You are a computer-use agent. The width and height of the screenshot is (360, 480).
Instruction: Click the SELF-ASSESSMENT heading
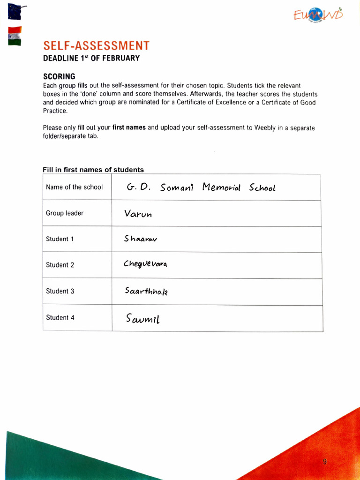tap(96, 45)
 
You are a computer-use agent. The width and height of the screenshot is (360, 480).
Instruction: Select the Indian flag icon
tap(15, 36)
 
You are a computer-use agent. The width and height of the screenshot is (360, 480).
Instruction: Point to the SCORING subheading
tap(59, 76)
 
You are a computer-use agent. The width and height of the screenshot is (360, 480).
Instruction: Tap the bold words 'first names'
tap(129, 127)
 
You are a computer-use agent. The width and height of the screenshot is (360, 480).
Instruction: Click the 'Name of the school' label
tap(74, 187)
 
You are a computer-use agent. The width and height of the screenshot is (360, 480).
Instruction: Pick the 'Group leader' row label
tap(65, 213)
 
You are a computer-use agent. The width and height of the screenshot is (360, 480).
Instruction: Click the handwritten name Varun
tap(138, 214)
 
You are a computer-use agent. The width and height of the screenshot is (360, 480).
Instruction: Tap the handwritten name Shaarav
tap(141, 239)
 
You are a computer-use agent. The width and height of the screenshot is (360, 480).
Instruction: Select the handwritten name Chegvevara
tap(145, 264)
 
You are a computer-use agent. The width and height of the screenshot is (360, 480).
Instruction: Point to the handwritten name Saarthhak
tap(146, 291)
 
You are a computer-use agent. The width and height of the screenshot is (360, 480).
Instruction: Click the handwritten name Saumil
tap(143, 319)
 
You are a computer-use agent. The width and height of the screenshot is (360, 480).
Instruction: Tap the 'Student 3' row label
tap(60, 291)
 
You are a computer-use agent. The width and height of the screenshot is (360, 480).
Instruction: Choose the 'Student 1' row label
tap(60, 239)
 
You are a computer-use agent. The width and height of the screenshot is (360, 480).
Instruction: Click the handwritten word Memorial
tap(221, 187)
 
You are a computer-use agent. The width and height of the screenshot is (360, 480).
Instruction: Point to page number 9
tap(324, 462)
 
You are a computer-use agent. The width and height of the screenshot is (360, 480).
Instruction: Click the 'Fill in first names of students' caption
tap(93, 170)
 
